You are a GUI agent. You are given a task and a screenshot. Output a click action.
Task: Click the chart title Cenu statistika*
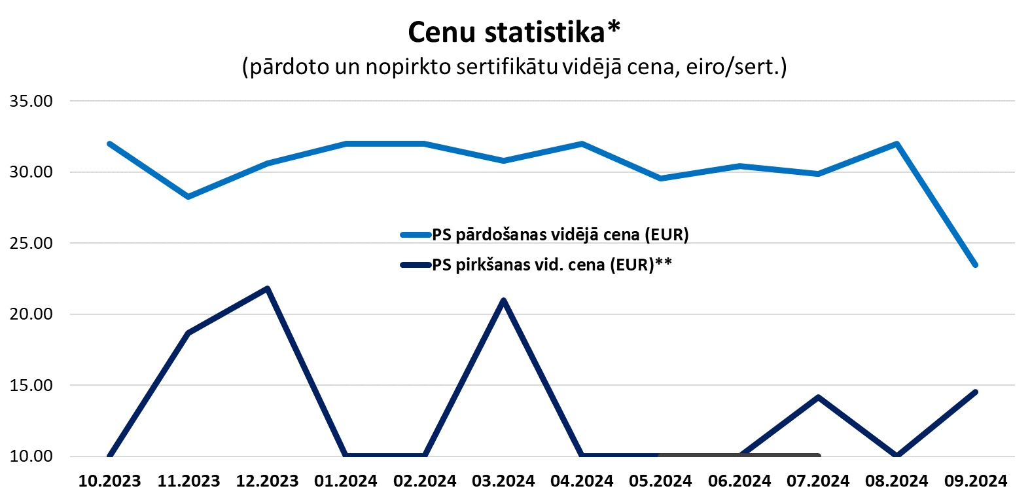(514, 31)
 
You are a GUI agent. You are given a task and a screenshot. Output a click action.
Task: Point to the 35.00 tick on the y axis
(31, 101)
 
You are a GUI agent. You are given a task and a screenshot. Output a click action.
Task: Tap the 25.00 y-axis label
(31, 243)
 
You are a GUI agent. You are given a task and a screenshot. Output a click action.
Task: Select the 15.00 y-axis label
(31, 385)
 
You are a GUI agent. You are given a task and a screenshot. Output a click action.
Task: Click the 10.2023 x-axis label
(109, 481)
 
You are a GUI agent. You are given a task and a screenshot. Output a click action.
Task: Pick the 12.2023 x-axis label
(267, 481)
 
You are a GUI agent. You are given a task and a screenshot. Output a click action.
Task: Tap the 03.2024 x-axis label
(503, 481)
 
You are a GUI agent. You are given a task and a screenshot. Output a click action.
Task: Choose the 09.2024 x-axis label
(975, 481)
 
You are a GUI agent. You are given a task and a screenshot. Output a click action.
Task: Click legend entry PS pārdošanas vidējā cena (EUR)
(559, 234)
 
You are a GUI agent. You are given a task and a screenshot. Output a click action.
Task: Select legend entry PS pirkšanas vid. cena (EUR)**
(551, 265)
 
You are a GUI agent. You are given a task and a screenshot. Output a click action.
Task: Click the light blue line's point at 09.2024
(975, 265)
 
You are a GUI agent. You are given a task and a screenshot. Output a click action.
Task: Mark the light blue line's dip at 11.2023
(188, 196)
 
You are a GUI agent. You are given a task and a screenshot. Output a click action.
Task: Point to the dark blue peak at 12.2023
(267, 289)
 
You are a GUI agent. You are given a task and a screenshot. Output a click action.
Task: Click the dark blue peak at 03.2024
(503, 301)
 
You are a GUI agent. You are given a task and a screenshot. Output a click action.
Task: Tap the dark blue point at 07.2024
(818, 398)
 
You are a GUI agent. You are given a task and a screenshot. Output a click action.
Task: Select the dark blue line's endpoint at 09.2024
(976, 392)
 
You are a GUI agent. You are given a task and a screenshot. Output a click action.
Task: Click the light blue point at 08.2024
(897, 144)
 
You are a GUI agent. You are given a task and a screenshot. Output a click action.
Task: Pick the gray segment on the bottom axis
(739, 455)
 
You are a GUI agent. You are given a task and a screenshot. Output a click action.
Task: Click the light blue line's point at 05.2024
(660, 178)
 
